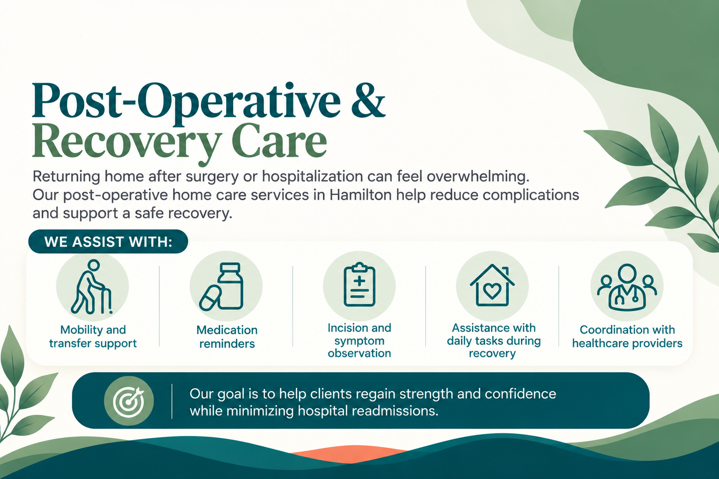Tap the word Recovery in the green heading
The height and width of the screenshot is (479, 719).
127,141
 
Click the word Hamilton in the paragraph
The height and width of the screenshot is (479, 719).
360,195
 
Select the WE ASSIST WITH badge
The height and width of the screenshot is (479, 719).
108,241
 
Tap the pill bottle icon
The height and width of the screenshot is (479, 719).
230,286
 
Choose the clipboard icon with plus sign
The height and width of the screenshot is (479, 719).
359,285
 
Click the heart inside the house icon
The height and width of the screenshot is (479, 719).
492,291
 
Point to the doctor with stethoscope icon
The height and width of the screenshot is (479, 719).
627,288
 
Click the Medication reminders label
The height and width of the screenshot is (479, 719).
227,336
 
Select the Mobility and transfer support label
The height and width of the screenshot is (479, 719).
93,336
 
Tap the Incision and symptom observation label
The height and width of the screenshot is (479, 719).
359,341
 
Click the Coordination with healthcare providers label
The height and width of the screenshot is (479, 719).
627,336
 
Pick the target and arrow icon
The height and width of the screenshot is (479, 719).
129,401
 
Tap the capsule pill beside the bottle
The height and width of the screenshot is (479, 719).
210,298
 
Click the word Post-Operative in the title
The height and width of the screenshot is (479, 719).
186,101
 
